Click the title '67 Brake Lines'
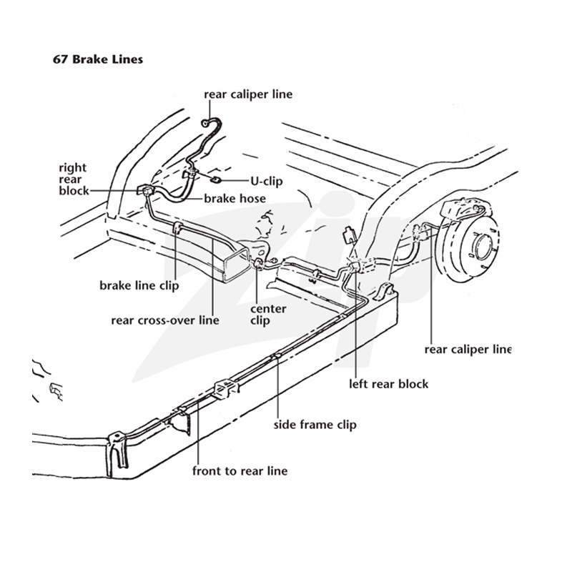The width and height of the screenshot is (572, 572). (x=98, y=59)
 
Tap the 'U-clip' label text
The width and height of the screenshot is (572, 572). (x=266, y=181)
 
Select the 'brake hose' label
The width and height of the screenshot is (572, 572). (x=235, y=199)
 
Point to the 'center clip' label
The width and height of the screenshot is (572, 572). (x=268, y=315)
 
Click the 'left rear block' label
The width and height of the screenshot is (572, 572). (x=388, y=384)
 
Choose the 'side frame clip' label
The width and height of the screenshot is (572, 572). (x=315, y=425)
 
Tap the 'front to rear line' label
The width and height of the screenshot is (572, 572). (x=240, y=470)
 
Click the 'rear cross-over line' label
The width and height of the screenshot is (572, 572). (x=165, y=320)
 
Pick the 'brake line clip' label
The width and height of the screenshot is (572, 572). (x=139, y=285)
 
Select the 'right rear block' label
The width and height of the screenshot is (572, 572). (x=74, y=179)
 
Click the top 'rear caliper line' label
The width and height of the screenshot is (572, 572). (x=248, y=94)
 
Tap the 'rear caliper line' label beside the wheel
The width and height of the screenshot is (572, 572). (x=468, y=350)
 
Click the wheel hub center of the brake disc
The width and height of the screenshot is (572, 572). (x=482, y=245)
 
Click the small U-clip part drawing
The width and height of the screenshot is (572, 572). (x=217, y=179)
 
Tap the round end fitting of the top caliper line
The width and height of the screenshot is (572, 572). (x=206, y=123)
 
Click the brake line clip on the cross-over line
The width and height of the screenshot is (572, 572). (x=177, y=229)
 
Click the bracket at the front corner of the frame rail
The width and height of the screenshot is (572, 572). (x=117, y=453)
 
